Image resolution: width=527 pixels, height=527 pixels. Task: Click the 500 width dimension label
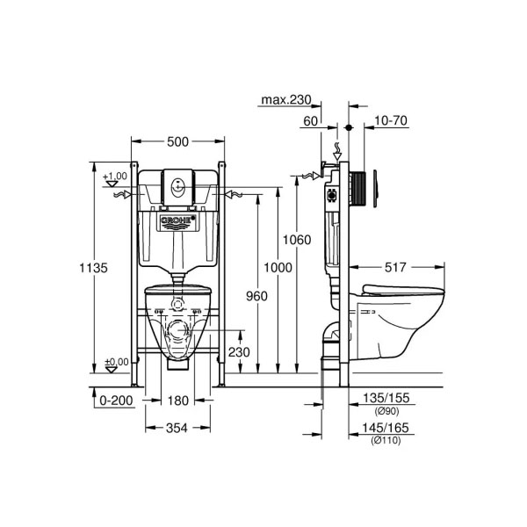[x=177, y=141]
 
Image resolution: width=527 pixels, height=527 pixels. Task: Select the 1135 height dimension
[x=93, y=268]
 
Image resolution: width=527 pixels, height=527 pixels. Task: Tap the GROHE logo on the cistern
[x=177, y=220]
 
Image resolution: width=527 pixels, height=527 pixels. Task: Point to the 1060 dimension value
[x=297, y=240]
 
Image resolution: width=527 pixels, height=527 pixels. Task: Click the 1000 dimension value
[x=278, y=268]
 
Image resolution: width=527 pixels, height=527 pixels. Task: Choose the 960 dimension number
[x=256, y=296]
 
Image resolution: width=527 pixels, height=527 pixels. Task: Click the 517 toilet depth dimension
[x=395, y=267]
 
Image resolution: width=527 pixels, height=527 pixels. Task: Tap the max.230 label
[x=286, y=100]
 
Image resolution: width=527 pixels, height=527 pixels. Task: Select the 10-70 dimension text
[x=391, y=120]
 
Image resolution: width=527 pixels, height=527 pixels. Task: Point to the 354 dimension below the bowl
[x=177, y=429]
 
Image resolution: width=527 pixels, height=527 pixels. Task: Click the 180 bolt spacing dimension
[x=177, y=401]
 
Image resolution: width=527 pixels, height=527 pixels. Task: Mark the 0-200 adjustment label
[x=116, y=401]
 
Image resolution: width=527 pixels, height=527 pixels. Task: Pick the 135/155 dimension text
[x=386, y=398]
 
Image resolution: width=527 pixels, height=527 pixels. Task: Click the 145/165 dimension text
[x=386, y=428]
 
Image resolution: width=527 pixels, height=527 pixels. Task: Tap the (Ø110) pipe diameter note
[x=386, y=440]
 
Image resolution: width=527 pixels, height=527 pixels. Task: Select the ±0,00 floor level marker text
[x=117, y=362]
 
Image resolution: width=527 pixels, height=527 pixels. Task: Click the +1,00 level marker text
[x=115, y=177]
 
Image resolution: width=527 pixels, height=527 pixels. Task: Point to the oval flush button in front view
[x=177, y=187]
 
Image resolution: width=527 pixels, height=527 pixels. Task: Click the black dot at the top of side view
[x=349, y=127]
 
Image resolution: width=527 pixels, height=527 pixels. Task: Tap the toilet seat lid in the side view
[x=403, y=291]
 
